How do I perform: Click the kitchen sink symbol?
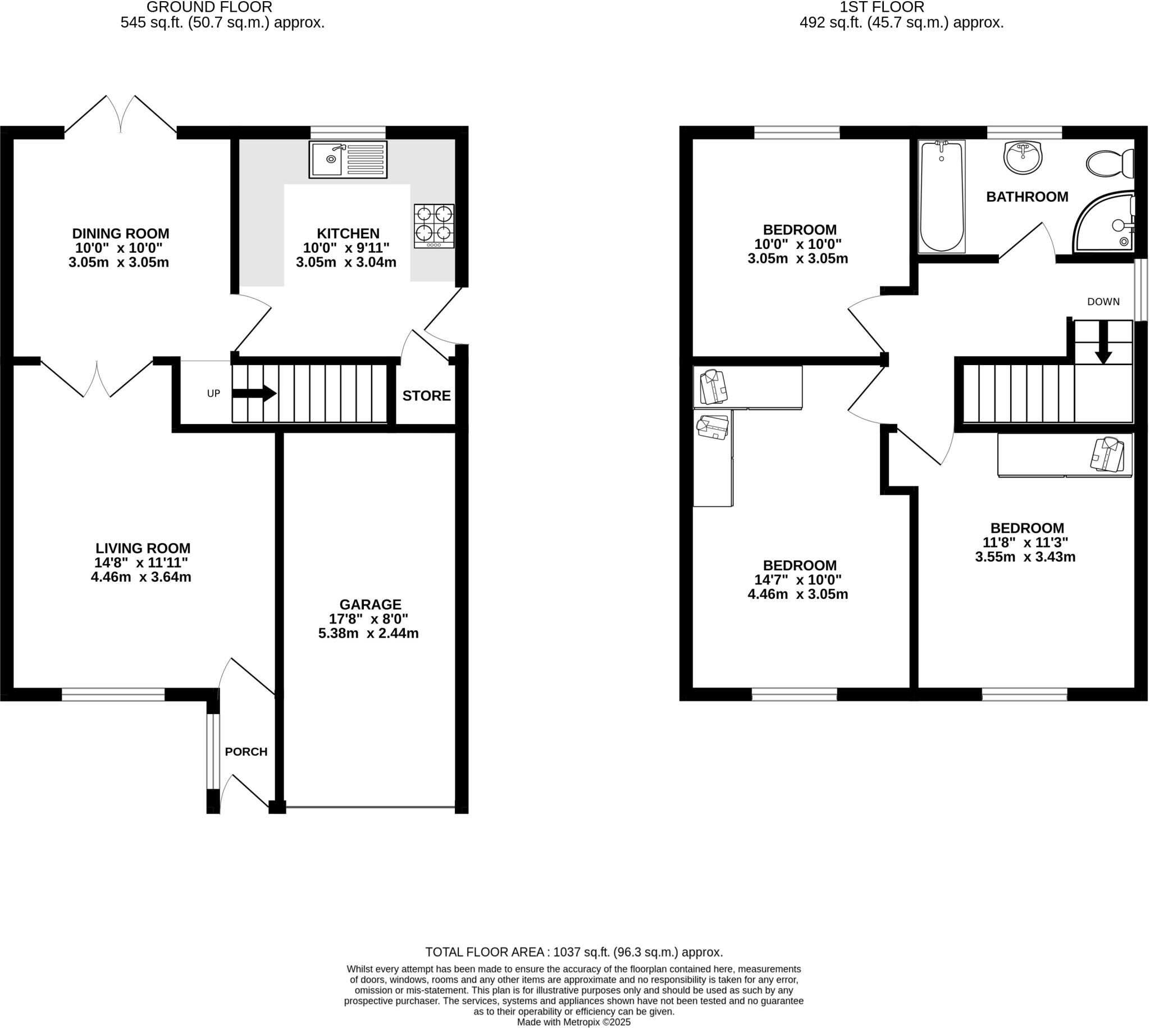(348, 160)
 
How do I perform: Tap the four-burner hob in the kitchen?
(433, 226)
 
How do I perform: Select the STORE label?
(426, 396)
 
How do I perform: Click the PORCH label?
(246, 752)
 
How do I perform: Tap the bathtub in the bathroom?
(941, 196)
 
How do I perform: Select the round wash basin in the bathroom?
(1023, 158)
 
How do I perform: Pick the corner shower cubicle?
(1107, 224)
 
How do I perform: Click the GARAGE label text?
(371, 604)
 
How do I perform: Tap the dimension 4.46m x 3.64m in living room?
(141, 577)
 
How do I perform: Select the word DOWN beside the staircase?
(1103, 302)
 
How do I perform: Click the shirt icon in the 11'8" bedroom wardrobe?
(1107, 454)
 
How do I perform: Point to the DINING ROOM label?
(120, 233)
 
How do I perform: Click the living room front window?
(113, 694)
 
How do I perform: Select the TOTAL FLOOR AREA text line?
(573, 952)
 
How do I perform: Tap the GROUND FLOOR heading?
(209, 7)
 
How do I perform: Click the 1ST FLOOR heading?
(881, 7)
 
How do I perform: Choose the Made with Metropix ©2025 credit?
(573, 1022)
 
